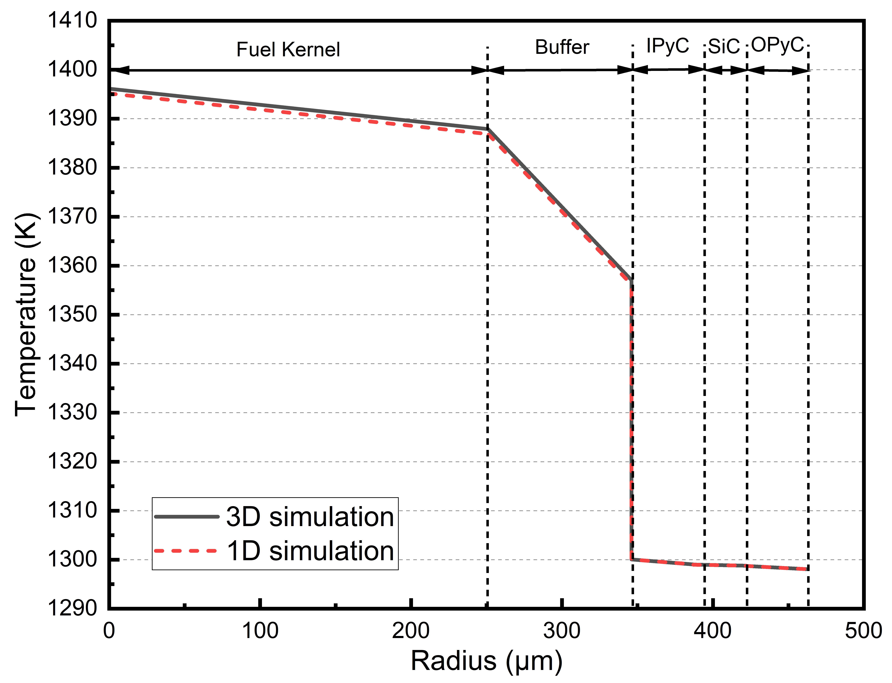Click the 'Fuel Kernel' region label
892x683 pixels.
click(x=288, y=50)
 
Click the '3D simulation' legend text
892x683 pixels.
click(x=310, y=517)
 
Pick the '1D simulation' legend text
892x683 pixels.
click(x=310, y=551)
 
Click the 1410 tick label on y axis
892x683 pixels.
click(x=72, y=20)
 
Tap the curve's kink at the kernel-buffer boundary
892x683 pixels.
click(x=488, y=129)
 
